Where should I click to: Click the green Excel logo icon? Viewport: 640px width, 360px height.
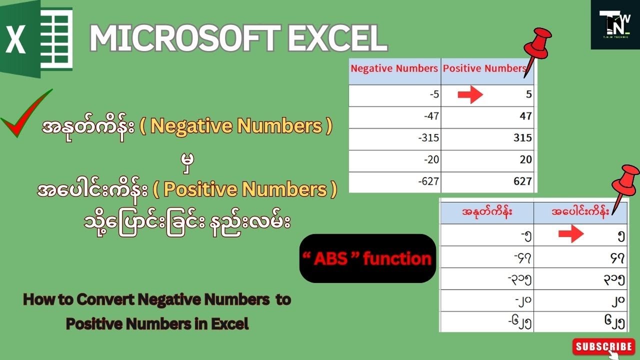(37, 39)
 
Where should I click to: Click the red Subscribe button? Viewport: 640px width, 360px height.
(604, 346)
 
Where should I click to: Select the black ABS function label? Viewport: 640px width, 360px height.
(367, 258)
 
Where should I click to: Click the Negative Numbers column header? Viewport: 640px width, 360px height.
(394, 68)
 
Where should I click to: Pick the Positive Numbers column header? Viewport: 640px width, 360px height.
(485, 68)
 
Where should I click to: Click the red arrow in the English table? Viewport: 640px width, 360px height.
(470, 95)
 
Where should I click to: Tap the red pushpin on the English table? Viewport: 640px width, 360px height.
(537, 48)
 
